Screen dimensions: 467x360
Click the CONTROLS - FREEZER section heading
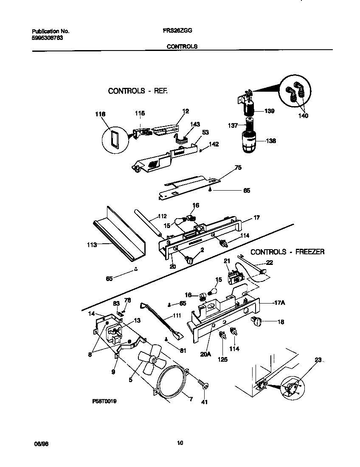click(287, 252)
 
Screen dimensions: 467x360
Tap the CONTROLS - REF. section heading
click(138, 91)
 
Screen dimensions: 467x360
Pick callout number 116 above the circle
click(100, 114)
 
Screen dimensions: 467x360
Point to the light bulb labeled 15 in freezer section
click(214, 293)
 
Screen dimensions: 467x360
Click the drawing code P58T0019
click(104, 400)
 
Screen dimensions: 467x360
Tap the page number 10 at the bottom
click(180, 443)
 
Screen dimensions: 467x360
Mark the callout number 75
click(238, 168)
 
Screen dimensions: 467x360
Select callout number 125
click(222, 359)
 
